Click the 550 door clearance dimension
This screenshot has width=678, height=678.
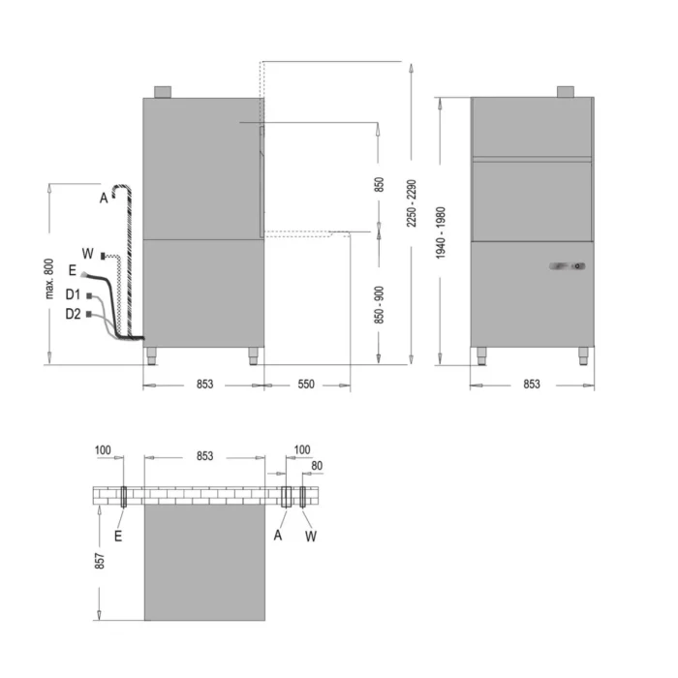(306, 384)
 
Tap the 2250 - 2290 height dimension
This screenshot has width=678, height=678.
(412, 203)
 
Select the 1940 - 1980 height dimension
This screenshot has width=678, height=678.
(440, 232)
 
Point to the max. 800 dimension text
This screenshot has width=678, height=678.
(49, 279)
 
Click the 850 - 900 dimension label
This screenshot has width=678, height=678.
(379, 305)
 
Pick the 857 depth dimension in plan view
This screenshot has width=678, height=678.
(100, 561)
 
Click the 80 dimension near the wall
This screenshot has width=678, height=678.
(317, 466)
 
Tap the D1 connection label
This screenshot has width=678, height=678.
(73, 294)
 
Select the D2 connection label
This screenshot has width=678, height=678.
(73, 314)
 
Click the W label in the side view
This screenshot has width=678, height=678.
(87, 254)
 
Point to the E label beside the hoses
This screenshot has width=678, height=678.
(73, 270)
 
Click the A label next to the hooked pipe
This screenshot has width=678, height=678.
(104, 198)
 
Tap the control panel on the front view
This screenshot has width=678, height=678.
(568, 266)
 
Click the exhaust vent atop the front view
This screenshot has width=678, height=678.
(565, 92)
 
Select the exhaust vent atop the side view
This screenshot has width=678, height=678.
(163, 92)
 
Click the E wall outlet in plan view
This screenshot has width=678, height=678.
(123, 496)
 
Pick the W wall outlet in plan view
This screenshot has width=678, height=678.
(302, 496)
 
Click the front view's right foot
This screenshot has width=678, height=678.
(583, 356)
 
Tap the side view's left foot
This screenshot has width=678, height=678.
(151, 356)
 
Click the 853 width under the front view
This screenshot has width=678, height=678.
(532, 384)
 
